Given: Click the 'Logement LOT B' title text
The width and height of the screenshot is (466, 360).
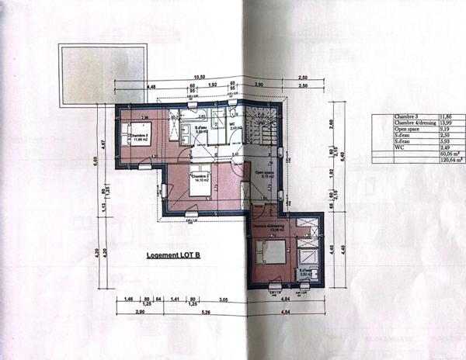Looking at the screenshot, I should point(175,254).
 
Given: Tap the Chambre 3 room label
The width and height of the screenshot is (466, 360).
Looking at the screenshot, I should point(139,137).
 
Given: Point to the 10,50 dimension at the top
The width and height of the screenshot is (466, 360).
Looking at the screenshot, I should point(200,78).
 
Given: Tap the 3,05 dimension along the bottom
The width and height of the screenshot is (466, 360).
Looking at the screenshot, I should point(222,298).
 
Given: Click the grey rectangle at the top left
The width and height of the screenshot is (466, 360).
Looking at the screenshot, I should point(101,74).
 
